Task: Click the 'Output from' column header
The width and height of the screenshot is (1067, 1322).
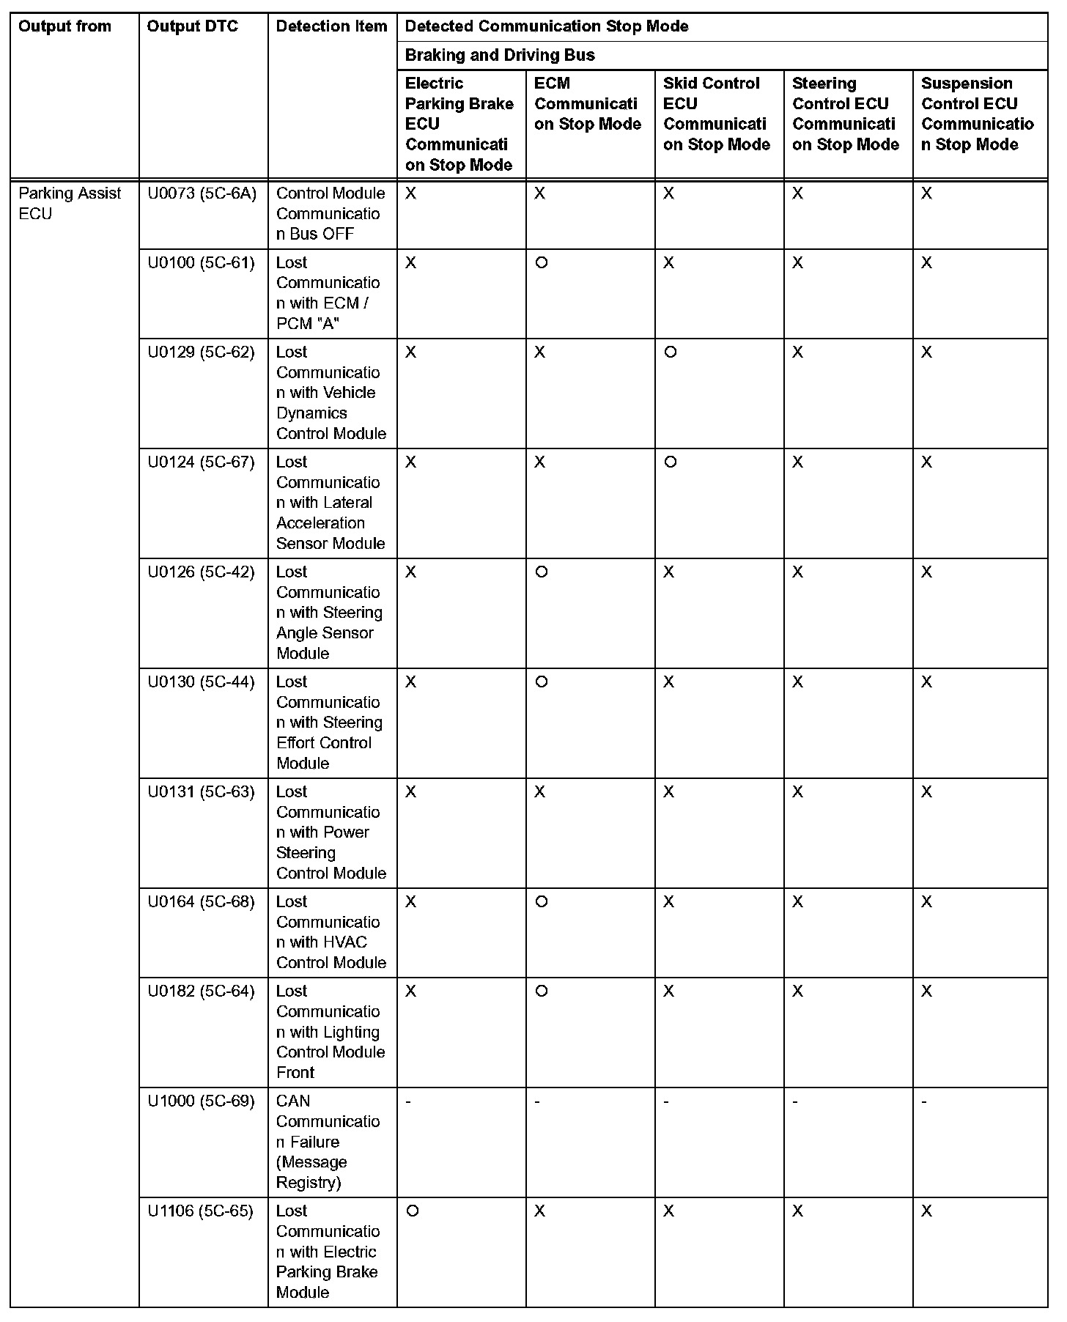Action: click(x=64, y=27)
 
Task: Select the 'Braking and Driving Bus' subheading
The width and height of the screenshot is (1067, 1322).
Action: click(x=500, y=56)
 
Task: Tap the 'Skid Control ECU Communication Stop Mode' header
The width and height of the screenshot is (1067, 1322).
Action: click(x=716, y=114)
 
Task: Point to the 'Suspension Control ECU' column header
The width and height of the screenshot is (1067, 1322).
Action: click(x=977, y=114)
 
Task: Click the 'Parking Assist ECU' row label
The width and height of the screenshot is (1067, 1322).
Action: click(x=70, y=204)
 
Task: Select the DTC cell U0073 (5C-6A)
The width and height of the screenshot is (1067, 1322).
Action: click(x=202, y=193)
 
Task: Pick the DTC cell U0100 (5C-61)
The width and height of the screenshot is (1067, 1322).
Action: click(x=201, y=263)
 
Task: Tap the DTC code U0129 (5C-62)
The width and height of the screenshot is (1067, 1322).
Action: click(x=201, y=352)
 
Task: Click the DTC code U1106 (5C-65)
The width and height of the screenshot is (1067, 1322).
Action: click(x=200, y=1211)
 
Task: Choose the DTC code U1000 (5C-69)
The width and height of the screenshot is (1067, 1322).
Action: click(x=201, y=1101)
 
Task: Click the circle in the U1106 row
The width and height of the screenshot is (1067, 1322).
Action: click(x=413, y=1211)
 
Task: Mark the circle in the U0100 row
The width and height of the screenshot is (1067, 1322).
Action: click(x=542, y=263)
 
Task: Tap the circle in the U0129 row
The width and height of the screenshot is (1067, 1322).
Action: click(x=671, y=352)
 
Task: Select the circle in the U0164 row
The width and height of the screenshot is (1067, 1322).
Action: click(x=542, y=902)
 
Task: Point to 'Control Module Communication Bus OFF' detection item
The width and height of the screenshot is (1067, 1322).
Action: click(x=331, y=214)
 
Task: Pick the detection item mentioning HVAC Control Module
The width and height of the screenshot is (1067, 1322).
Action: click(x=331, y=932)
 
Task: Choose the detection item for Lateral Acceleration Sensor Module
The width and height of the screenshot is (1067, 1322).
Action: click(x=331, y=503)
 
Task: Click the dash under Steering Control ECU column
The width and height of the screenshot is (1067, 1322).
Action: click(x=796, y=1101)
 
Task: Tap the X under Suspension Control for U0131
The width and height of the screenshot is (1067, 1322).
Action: click(x=927, y=792)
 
